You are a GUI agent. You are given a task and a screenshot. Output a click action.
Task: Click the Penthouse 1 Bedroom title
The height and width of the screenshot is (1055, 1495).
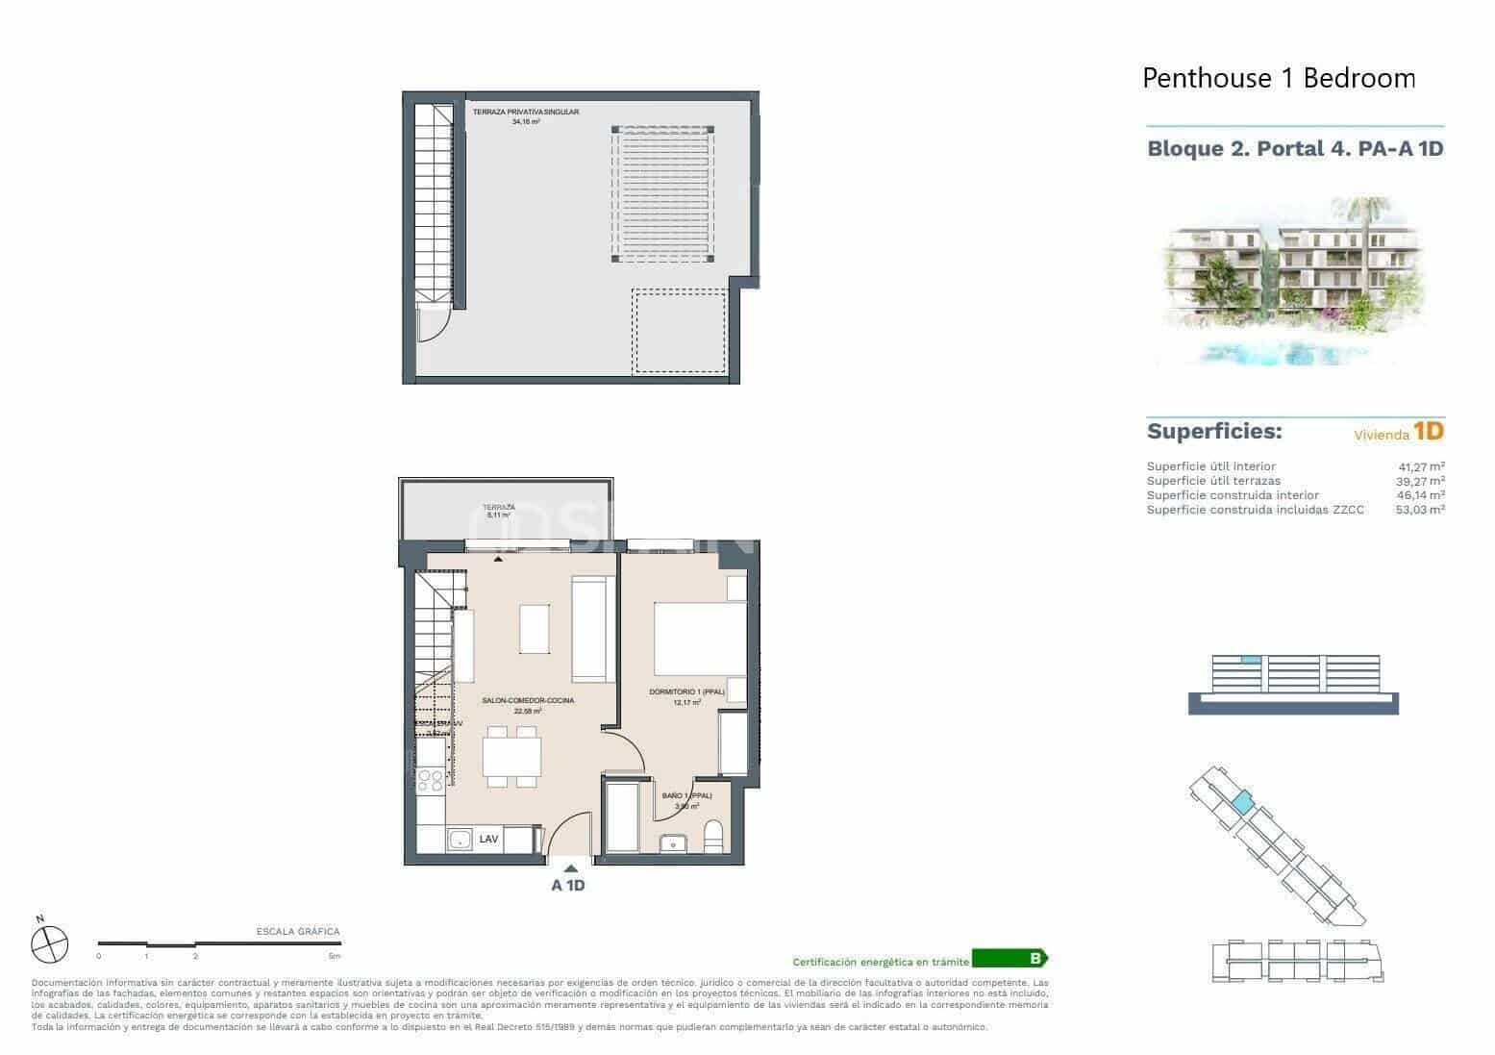(x=1279, y=78)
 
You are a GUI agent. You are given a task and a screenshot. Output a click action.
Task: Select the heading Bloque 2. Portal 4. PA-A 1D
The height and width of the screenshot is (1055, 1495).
(x=1295, y=149)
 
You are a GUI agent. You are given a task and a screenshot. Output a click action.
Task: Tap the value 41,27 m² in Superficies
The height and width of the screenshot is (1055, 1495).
(x=1421, y=466)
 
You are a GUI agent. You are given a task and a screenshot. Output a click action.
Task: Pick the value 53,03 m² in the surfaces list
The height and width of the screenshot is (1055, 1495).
(x=1420, y=510)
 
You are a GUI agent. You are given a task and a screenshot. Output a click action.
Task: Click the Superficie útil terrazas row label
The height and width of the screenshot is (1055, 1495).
(x=1213, y=481)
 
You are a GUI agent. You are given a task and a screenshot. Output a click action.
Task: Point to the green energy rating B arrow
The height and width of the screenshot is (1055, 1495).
(x=1009, y=958)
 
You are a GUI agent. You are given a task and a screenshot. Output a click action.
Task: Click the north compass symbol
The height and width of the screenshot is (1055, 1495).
(x=49, y=943)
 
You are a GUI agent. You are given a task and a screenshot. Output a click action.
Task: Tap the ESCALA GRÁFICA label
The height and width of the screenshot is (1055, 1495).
(x=298, y=931)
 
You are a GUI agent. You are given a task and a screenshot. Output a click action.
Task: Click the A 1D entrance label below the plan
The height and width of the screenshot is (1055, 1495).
(x=567, y=886)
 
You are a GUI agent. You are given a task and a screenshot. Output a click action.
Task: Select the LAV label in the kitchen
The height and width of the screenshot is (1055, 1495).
(x=489, y=839)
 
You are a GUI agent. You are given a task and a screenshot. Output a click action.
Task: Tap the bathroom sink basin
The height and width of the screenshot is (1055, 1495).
(x=673, y=843)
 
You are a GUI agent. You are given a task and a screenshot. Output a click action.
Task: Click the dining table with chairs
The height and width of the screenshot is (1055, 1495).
(x=511, y=757)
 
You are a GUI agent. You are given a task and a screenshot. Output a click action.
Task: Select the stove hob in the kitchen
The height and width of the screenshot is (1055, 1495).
(x=431, y=780)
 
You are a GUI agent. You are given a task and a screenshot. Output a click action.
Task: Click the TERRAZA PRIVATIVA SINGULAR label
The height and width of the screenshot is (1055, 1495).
(x=525, y=113)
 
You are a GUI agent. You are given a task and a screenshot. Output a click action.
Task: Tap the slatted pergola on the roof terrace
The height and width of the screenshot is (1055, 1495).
(x=662, y=194)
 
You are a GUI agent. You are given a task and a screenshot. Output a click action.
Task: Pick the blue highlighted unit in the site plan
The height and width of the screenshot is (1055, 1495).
(x=1243, y=800)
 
